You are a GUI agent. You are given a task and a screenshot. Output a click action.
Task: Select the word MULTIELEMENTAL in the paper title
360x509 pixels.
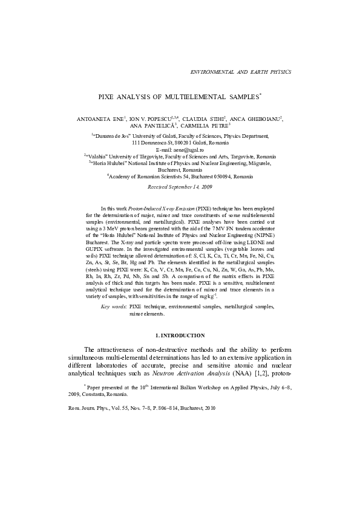click(x=193, y=97)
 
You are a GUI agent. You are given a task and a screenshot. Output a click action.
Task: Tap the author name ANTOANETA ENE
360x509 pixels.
click(x=100, y=119)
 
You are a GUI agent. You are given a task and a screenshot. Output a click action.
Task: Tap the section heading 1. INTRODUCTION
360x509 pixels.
click(x=180, y=335)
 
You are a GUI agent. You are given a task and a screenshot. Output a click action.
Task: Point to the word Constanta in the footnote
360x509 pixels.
click(x=110, y=394)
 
